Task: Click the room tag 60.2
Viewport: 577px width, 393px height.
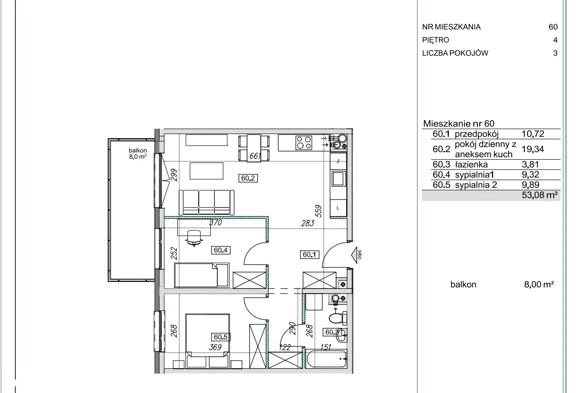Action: pyautogui.click(x=248, y=178)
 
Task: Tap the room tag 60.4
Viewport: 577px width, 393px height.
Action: pyautogui.click(x=221, y=250)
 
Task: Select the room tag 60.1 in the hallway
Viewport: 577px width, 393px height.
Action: pyautogui.click(x=310, y=255)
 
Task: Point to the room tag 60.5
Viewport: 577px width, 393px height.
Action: pyautogui.click(x=221, y=337)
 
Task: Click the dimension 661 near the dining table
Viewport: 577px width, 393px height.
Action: pyautogui.click(x=255, y=156)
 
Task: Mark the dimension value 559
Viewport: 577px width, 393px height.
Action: pyautogui.click(x=319, y=211)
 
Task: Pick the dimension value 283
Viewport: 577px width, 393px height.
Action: pyautogui.click(x=308, y=223)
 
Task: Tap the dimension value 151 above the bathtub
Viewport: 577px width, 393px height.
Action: pyautogui.click(x=326, y=347)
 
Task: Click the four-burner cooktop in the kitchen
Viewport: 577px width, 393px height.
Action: pyautogui.click(x=304, y=143)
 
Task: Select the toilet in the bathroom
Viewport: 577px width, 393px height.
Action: pyautogui.click(x=338, y=318)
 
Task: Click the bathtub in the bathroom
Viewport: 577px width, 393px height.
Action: pyautogui.click(x=326, y=359)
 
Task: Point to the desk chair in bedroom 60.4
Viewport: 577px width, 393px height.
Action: pyautogui.click(x=194, y=238)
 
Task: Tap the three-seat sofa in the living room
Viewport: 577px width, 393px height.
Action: pyautogui.click(x=207, y=202)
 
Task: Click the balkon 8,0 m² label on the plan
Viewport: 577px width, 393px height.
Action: pyautogui.click(x=138, y=154)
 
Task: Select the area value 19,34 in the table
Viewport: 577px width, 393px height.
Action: pyautogui.click(x=533, y=149)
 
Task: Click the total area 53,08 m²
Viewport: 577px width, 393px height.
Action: pyautogui.click(x=540, y=195)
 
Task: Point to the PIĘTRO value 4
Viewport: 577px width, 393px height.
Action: pyautogui.click(x=556, y=40)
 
